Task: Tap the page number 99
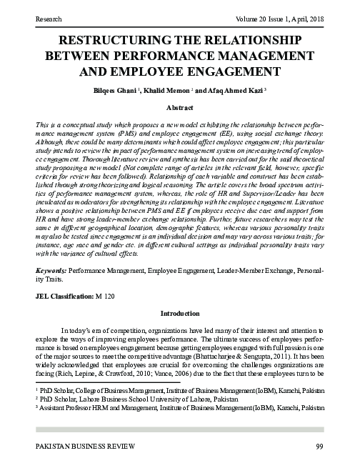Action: click(x=319, y=447)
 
